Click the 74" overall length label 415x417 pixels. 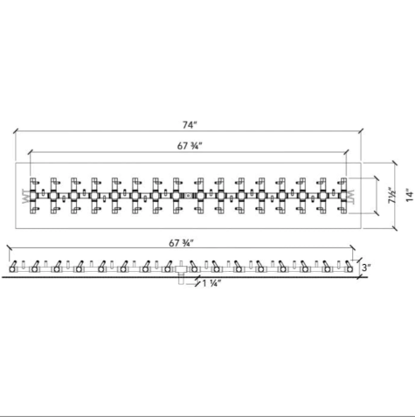tap(190, 125)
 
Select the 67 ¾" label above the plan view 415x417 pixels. tap(190, 146)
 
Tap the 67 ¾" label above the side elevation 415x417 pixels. tap(182, 243)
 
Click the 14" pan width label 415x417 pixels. tap(410, 195)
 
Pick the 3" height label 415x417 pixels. tap(366, 268)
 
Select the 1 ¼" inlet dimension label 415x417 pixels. tap(211, 283)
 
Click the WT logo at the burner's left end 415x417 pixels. tap(25, 197)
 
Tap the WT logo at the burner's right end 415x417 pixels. tap(351, 197)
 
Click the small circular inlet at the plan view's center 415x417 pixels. tap(188, 196)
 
